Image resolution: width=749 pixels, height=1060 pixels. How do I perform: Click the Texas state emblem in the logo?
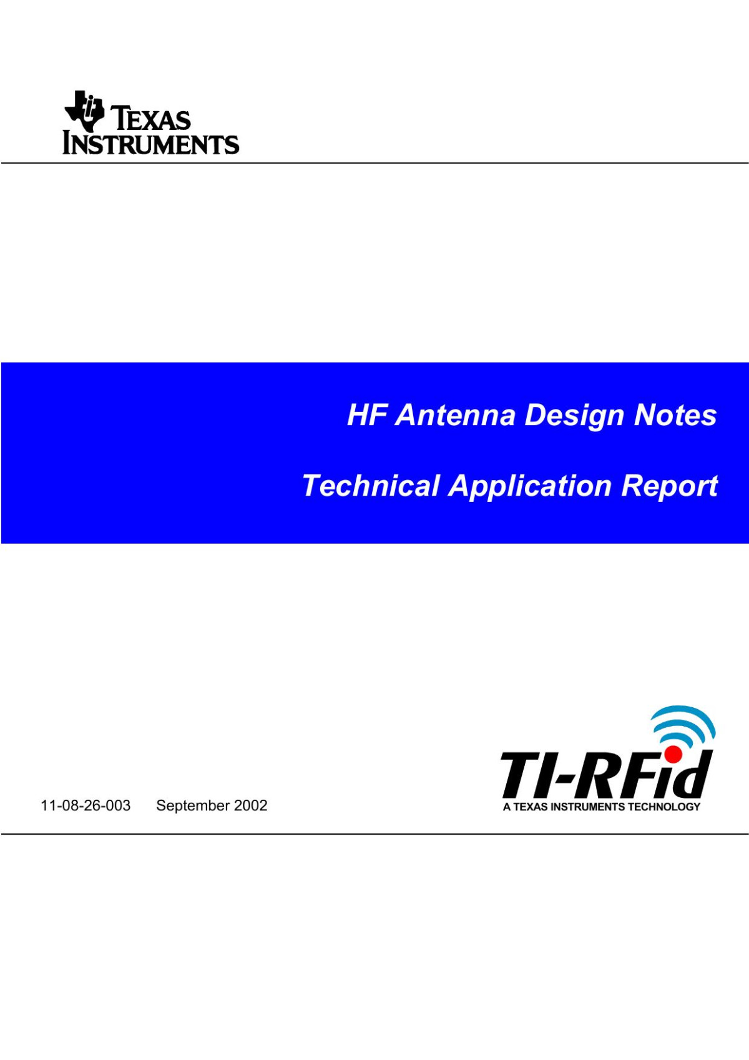tap(84, 110)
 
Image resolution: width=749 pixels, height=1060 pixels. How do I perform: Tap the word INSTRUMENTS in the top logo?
tap(150, 143)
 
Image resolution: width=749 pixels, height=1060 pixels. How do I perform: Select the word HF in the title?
tap(367, 415)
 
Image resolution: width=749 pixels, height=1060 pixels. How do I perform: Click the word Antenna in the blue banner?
tap(455, 415)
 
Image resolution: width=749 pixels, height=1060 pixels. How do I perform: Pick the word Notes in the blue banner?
tap(676, 415)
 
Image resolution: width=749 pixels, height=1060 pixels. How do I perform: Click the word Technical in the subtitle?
tap(371, 486)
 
